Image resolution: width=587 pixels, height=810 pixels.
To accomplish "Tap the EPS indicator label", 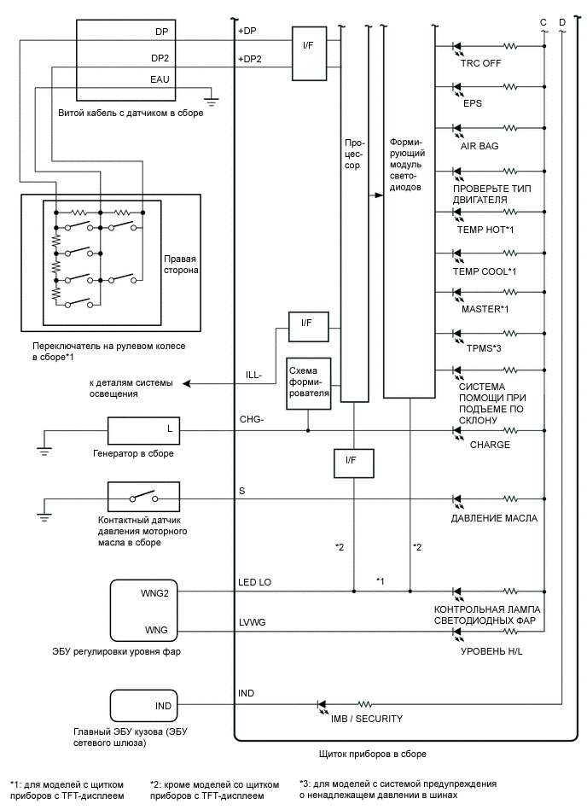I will [x=473, y=105].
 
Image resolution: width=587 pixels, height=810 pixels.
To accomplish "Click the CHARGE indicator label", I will [x=484, y=445].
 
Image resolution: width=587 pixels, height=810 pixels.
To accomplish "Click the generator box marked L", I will [x=143, y=431].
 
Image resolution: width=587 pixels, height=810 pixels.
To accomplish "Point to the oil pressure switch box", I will [x=143, y=497].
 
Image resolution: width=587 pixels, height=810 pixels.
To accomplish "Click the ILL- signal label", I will [x=253, y=373].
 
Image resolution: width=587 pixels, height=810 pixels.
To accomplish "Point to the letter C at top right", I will [x=543, y=20].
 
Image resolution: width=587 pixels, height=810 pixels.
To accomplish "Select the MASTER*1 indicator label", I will [x=483, y=308].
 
